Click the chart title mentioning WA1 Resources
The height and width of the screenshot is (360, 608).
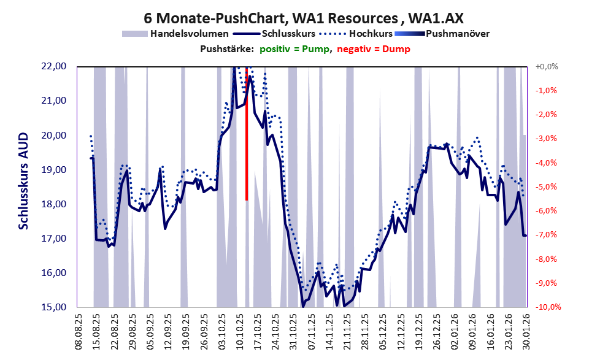[304, 17]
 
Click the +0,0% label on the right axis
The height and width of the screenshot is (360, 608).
[547, 67]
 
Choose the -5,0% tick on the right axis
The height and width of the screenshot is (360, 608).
[547, 187]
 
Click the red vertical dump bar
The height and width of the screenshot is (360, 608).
[247, 135]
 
